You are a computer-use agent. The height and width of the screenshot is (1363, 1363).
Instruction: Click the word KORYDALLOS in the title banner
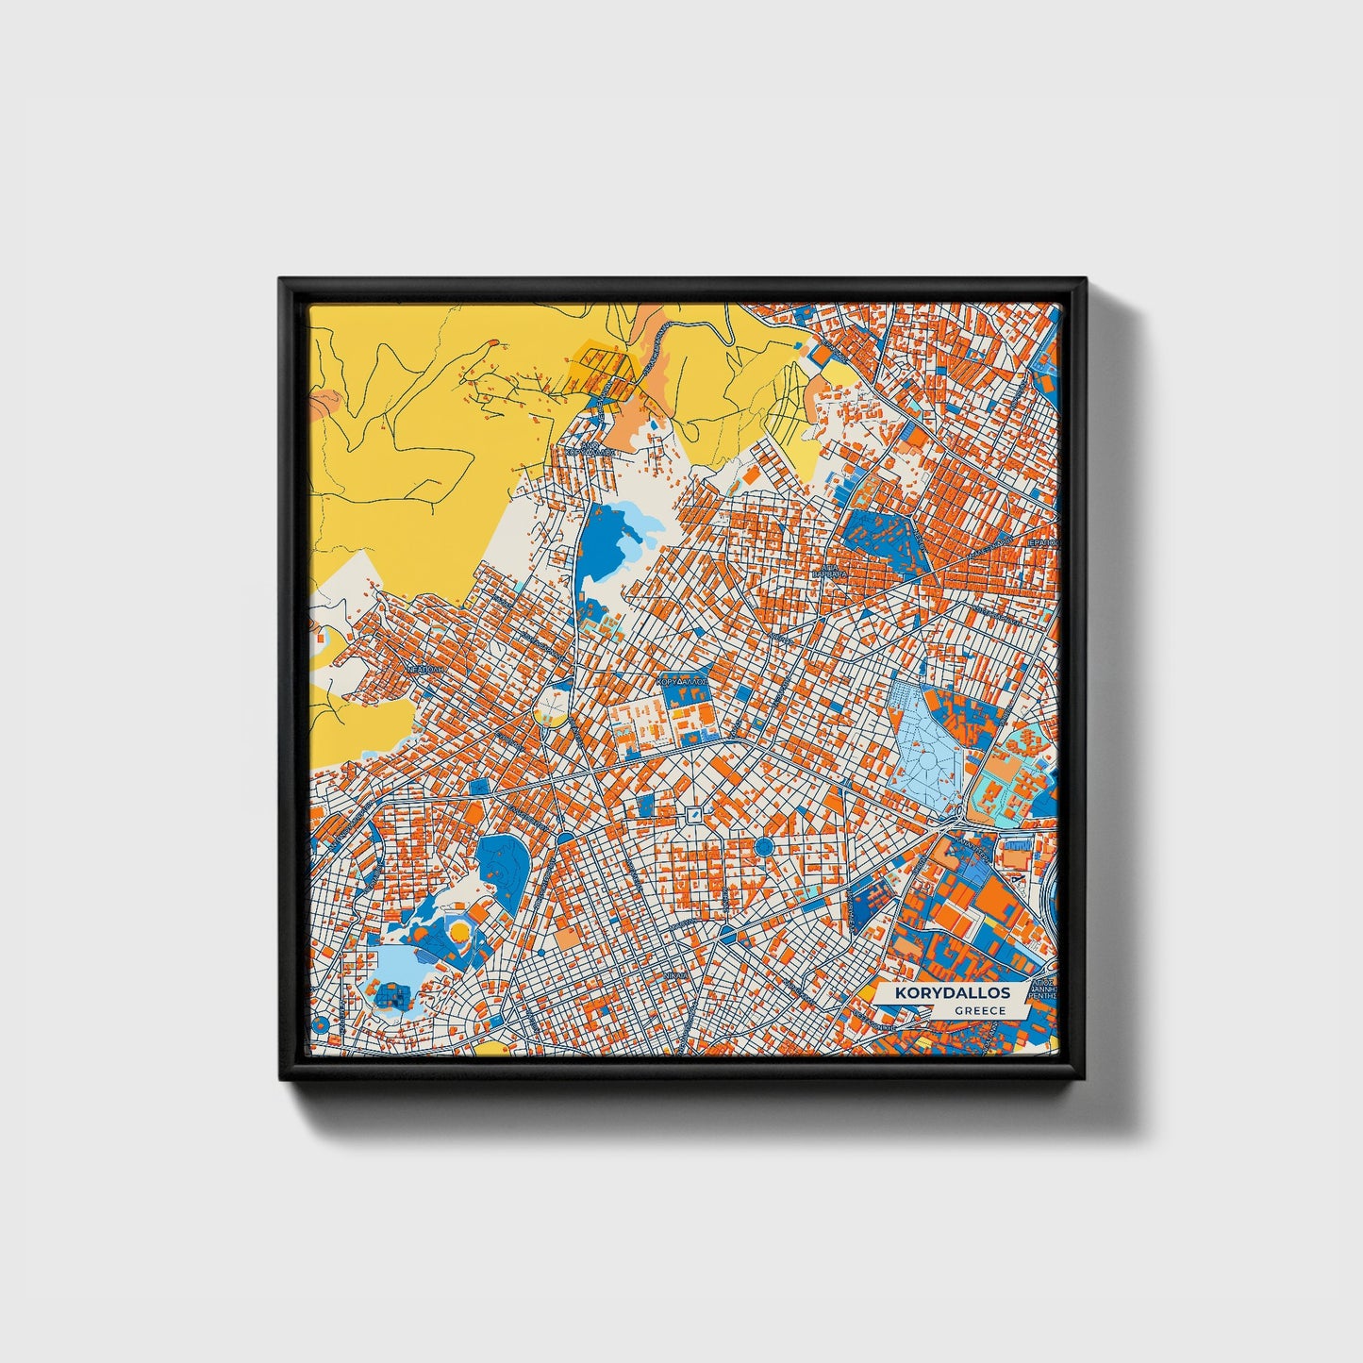(953, 993)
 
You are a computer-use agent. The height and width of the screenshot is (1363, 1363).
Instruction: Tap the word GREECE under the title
(979, 1010)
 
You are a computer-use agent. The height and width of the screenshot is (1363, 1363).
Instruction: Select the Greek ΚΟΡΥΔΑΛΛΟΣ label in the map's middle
(681, 679)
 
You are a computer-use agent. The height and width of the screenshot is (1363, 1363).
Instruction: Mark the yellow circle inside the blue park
(458, 932)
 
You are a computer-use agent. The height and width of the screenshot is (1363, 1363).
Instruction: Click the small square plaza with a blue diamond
(694, 814)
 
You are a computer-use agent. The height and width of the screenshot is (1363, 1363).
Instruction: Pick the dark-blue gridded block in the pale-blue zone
(390, 993)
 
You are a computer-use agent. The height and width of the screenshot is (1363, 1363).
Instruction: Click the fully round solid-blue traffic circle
(764, 847)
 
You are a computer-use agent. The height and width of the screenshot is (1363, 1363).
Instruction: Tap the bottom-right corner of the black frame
(1086, 1080)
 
